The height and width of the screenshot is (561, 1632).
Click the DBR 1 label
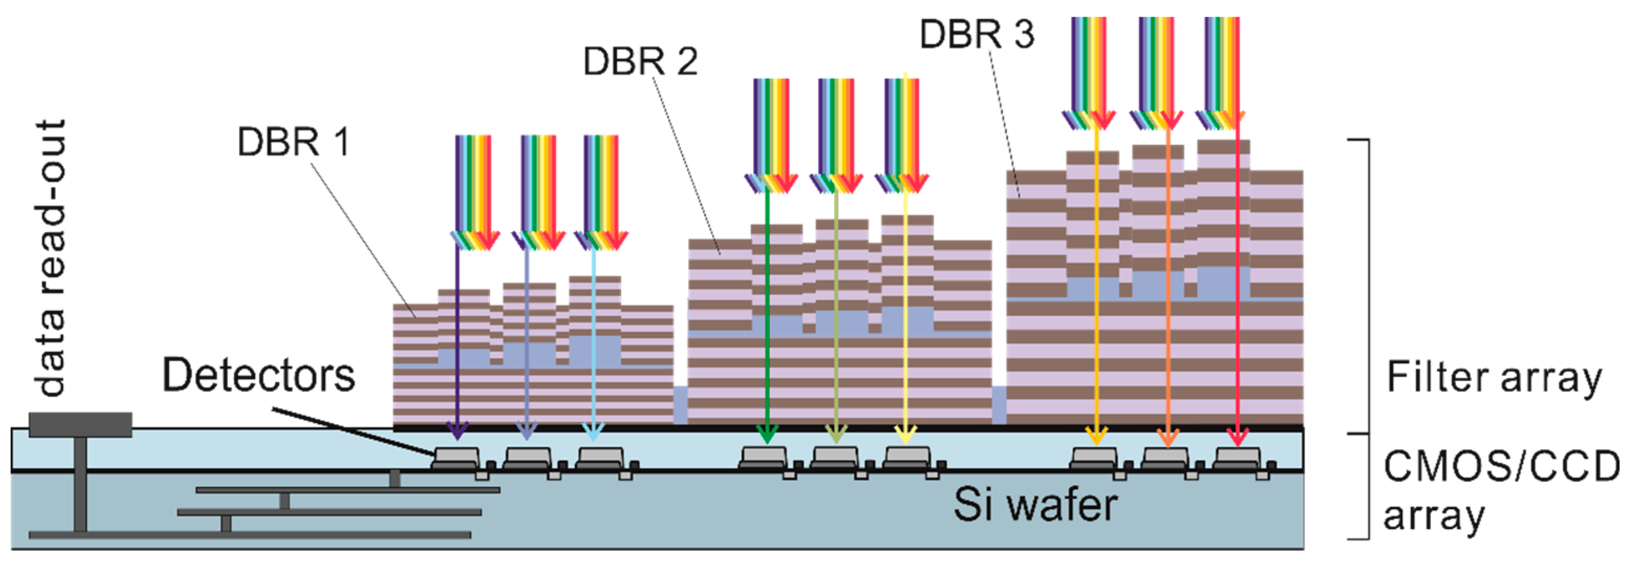coord(293,142)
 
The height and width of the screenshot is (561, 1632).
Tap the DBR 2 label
coord(640,62)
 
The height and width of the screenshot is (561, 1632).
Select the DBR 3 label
coord(976,34)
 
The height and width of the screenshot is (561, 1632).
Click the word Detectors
coord(259,375)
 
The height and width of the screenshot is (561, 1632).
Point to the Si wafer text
coord(1035,505)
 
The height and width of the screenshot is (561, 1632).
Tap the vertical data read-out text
coord(51,258)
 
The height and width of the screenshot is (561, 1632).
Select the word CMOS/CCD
coord(1500,467)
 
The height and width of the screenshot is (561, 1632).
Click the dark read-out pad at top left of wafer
coord(80,424)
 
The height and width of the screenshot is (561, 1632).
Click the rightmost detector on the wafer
coord(1239,458)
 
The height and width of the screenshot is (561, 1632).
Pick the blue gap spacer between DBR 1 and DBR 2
coord(680,405)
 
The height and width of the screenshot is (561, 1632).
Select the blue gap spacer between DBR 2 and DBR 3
coord(999,405)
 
